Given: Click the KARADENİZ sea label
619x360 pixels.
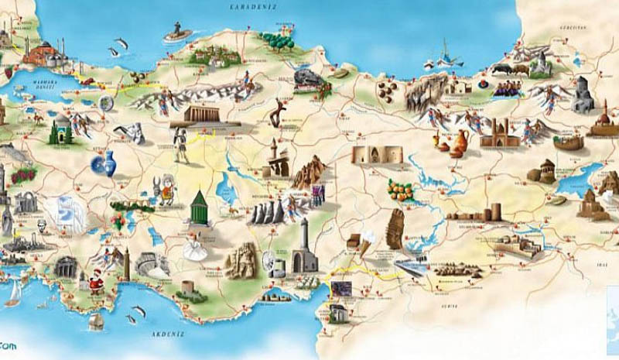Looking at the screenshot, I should tap(246, 6).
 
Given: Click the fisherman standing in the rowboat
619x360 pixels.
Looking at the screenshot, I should tap(178, 32).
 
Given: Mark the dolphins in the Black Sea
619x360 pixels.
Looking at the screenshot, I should tap(118, 46).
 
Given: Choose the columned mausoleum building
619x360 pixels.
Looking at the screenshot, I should tap(209, 115).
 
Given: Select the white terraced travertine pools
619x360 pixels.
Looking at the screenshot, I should tap(63, 211).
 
